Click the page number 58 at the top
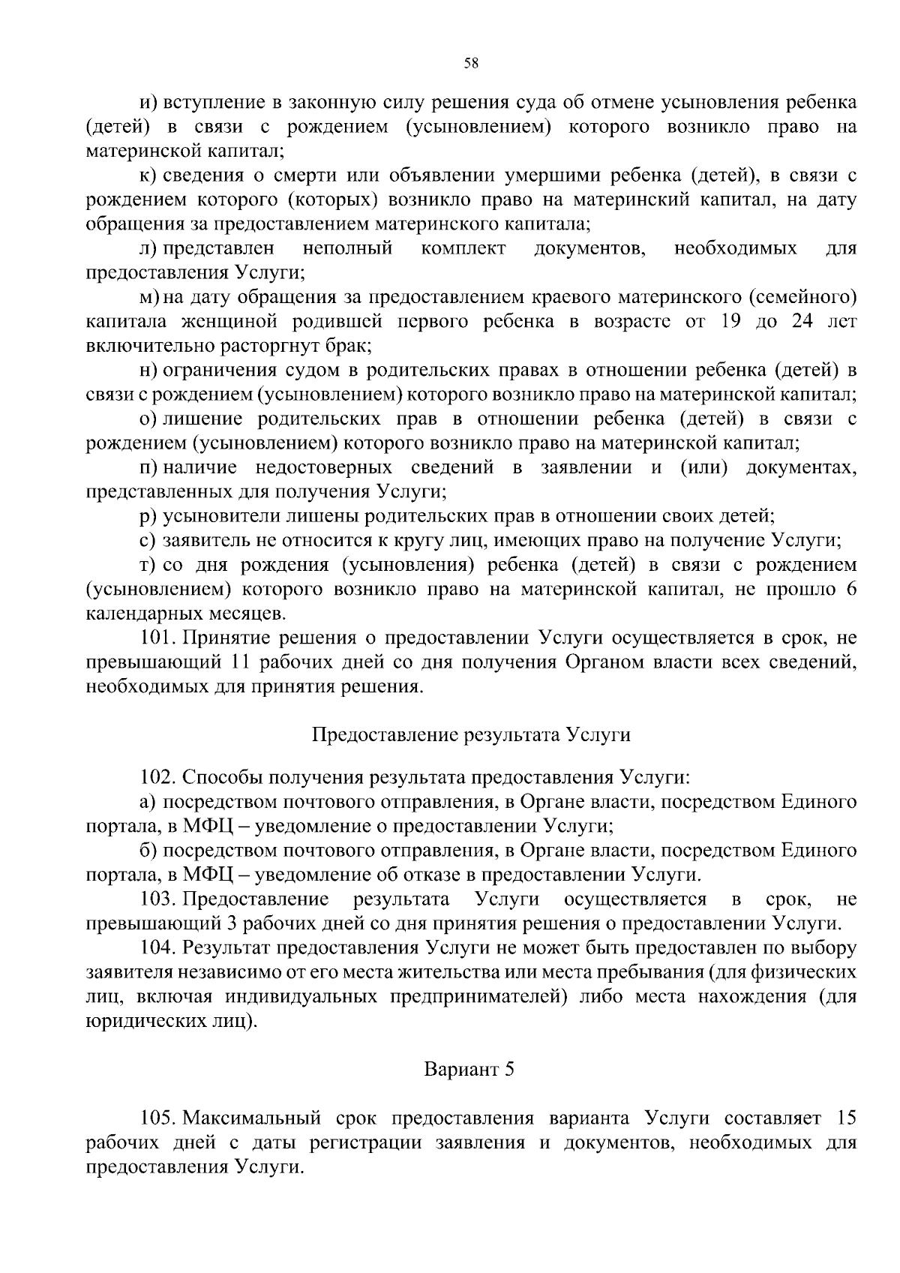471,63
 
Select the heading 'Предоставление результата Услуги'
471,734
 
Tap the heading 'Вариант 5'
469,1069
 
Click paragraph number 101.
157,638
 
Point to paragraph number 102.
157,776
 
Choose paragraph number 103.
157,899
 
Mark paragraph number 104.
157,947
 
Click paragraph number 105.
157,1118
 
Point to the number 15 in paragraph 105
845,1118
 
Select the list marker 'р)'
147,516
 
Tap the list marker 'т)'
147,564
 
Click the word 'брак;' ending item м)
351,346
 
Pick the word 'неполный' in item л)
347,248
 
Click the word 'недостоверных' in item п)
323,468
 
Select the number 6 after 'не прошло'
851,589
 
